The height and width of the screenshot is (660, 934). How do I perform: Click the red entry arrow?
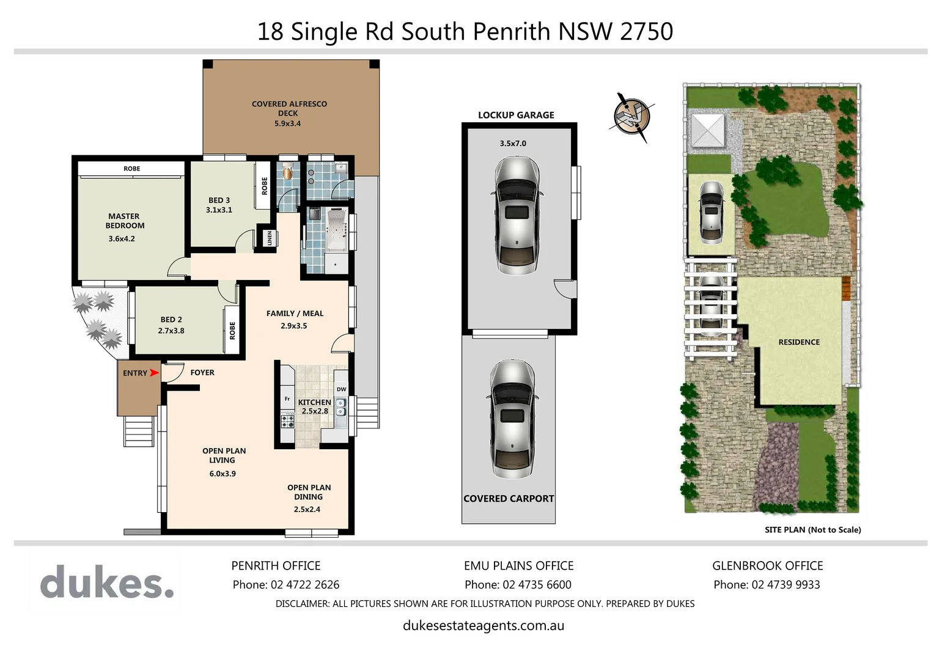pyautogui.click(x=154, y=373)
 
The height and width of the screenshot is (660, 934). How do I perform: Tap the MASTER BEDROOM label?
pyautogui.click(x=125, y=221)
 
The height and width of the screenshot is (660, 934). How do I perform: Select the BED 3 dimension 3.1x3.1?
pyautogui.click(x=219, y=210)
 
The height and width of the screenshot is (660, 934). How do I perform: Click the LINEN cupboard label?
pyautogui.click(x=270, y=238)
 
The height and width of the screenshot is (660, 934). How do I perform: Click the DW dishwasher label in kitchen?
pyautogui.click(x=341, y=389)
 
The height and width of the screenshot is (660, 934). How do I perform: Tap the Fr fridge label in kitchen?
pyautogui.click(x=287, y=399)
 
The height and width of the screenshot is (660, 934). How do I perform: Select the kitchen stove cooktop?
pyautogui.click(x=287, y=420)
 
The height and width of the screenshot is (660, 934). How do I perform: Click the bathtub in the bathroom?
pyautogui.click(x=337, y=230)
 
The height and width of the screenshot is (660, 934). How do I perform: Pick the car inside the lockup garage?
pyautogui.click(x=517, y=215)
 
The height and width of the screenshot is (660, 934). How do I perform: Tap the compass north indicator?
pyautogui.click(x=631, y=117)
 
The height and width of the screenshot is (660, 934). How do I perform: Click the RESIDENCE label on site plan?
pyautogui.click(x=799, y=342)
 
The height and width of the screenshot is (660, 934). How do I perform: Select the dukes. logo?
pyautogui.click(x=107, y=582)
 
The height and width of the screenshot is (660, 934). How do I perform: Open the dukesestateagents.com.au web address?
pyautogui.click(x=484, y=626)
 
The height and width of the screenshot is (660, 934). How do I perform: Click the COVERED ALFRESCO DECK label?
pyautogui.click(x=289, y=109)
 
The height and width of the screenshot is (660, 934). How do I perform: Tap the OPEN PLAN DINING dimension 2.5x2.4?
pyautogui.click(x=307, y=509)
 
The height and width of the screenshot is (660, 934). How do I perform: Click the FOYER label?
pyautogui.click(x=202, y=372)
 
